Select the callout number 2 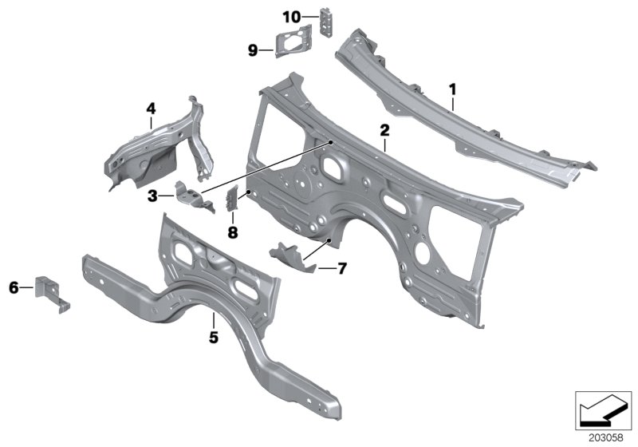click(x=384, y=129)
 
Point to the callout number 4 click(x=150, y=107)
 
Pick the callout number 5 click(x=213, y=337)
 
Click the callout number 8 click(x=232, y=232)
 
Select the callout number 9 click(x=252, y=51)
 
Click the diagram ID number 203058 click(x=606, y=437)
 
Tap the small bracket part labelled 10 click(x=327, y=21)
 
